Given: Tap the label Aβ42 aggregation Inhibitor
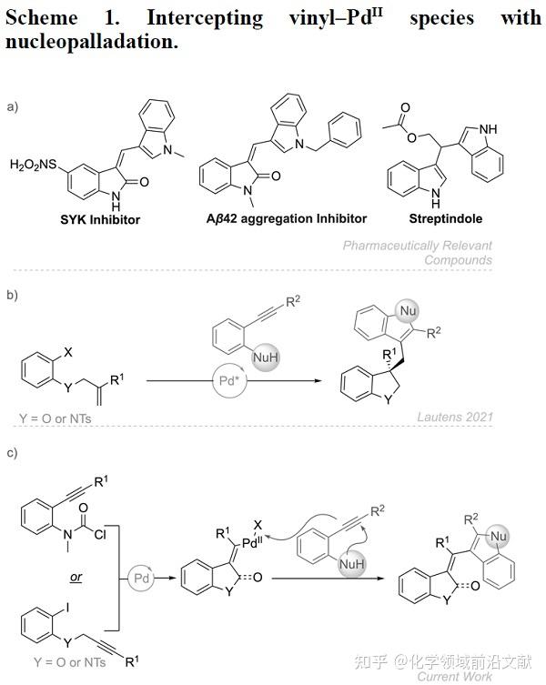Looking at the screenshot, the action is pos(275,218).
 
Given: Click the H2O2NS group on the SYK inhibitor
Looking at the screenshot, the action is pos(35,165).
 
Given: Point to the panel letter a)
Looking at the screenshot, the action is pos(12,107).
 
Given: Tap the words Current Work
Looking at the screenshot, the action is pos(455,676).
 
